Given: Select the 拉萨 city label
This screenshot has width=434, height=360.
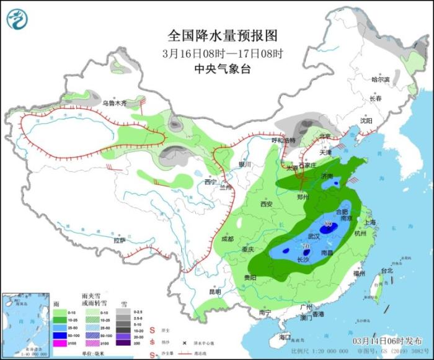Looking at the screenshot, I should pos(120,240).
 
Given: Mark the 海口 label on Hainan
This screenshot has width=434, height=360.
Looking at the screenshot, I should pos(285,336).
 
